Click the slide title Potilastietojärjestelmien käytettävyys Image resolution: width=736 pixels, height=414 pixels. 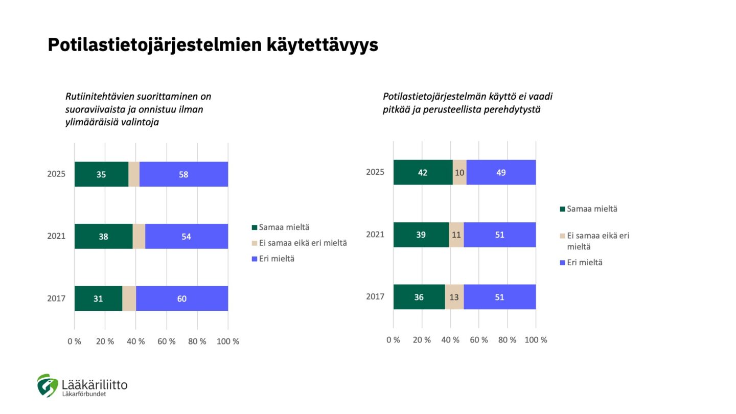point(213,45)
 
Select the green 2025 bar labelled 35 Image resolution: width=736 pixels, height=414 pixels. point(101,174)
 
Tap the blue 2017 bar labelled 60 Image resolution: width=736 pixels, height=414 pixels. point(182,298)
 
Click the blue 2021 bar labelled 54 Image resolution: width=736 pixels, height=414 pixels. point(187,236)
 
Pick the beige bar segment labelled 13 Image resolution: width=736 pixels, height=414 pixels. point(454,297)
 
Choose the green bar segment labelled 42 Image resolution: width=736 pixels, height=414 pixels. point(423,172)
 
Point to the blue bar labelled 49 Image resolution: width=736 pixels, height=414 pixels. point(501,172)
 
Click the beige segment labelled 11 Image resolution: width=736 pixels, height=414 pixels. point(456,235)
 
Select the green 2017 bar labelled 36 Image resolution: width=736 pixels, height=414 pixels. point(419,297)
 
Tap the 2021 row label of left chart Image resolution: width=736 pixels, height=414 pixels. point(56,236)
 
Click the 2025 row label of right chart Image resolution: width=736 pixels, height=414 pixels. point(375,172)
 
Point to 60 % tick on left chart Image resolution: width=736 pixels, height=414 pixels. point(166,341)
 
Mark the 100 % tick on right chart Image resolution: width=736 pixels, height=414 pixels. point(536,340)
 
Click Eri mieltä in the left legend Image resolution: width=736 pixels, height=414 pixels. point(277,259)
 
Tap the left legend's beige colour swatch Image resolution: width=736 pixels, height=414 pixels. point(255,243)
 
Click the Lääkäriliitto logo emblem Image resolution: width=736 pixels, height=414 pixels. point(47,385)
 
